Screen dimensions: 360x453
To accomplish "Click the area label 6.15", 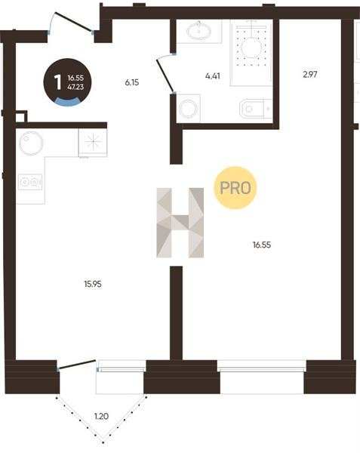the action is click(132, 82).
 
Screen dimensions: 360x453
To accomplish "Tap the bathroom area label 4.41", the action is click(213, 76).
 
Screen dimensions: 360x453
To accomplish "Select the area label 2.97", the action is click(310, 75).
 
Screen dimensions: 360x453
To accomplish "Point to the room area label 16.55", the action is click(262, 245).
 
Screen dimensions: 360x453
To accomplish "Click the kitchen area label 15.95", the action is click(93, 285).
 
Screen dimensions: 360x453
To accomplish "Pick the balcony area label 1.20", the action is click(102, 416).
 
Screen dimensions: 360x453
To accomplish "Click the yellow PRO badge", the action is click(235, 188).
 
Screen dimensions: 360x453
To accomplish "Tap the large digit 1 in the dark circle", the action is click(58, 82).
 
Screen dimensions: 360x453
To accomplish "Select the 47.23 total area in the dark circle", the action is click(75, 87).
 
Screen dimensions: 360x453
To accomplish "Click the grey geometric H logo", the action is click(180, 223).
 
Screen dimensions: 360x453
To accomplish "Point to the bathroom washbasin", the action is click(199, 30).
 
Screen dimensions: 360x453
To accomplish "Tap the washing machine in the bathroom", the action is click(188, 108).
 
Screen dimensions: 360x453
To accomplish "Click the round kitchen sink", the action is click(31, 143).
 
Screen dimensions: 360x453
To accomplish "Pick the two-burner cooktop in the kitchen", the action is click(30, 182).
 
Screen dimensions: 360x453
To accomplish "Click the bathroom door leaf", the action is click(165, 75).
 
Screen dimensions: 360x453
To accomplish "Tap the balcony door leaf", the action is click(77, 364).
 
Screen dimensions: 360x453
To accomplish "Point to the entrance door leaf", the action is click(74, 21).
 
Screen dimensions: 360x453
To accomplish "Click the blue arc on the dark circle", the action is click(67, 101).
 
